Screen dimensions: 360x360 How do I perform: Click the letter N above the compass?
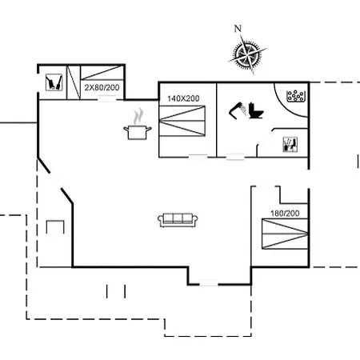[x=238, y=29]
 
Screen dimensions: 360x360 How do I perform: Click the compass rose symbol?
[x=248, y=55]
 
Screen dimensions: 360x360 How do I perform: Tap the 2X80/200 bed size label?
[x=102, y=87]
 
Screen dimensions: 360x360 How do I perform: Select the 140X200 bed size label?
[x=183, y=98]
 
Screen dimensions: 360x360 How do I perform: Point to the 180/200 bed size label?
[x=285, y=214]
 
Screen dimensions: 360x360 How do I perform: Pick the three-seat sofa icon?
[x=178, y=220]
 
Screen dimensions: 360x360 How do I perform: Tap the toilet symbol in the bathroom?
[x=256, y=110]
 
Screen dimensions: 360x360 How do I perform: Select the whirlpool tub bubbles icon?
[x=295, y=96]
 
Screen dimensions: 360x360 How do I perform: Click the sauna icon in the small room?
[x=290, y=145]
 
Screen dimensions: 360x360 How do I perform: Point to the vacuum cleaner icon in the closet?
[x=54, y=82]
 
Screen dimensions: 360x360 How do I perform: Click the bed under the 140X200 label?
[x=182, y=121]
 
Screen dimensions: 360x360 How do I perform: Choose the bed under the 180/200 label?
[x=285, y=234]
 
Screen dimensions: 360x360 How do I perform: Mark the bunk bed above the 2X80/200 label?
[x=102, y=73]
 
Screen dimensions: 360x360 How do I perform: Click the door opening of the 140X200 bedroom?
[x=198, y=157]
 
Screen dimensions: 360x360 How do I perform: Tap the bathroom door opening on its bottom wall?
[x=235, y=157]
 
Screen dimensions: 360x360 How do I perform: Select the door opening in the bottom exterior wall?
[x=209, y=284]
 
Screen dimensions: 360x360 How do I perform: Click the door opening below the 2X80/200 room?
[x=107, y=99]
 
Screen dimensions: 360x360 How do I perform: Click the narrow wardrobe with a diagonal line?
[x=74, y=82]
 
